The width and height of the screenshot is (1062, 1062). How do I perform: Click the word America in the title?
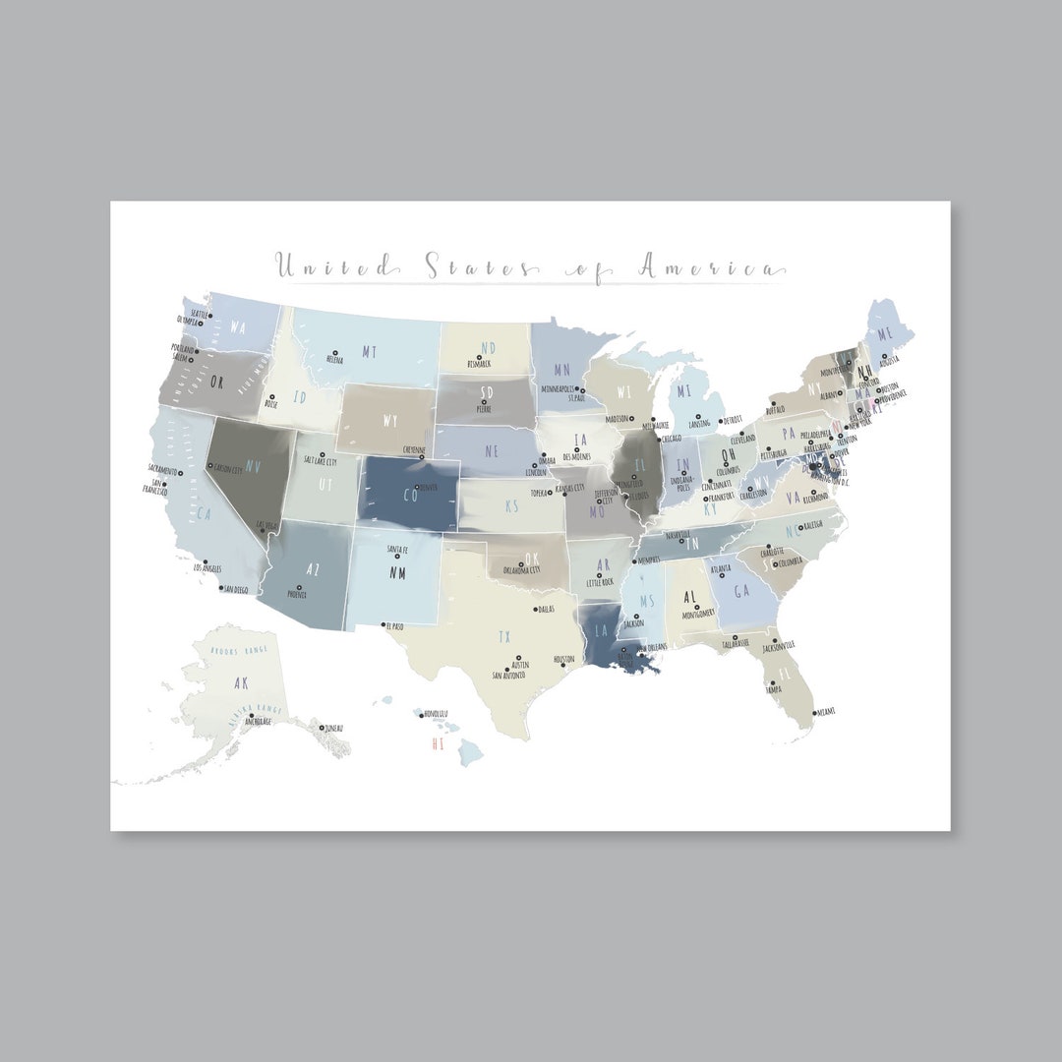tap(710, 265)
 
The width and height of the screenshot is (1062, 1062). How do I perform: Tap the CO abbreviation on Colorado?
tap(411, 496)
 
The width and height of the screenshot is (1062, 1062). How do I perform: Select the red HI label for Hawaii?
tap(438, 744)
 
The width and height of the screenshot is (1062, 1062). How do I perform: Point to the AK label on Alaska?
tap(241, 681)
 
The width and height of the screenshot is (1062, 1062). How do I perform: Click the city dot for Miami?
tap(813, 711)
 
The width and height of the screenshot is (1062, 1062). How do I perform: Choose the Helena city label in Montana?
tap(333, 361)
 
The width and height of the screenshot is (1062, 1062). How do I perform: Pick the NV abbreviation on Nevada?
tap(253, 465)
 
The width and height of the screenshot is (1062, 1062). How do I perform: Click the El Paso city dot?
tap(383, 624)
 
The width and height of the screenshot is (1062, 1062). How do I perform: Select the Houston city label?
tap(563, 659)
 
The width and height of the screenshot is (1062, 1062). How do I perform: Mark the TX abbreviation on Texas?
tap(504, 635)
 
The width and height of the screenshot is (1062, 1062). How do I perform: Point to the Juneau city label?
tap(334, 729)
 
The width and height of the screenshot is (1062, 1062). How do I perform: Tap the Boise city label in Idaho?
tap(271, 404)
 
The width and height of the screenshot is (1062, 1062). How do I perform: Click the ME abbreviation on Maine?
tap(885, 334)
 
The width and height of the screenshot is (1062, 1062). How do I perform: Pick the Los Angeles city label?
tap(206, 568)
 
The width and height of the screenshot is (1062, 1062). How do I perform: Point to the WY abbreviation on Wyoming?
tap(390, 422)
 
